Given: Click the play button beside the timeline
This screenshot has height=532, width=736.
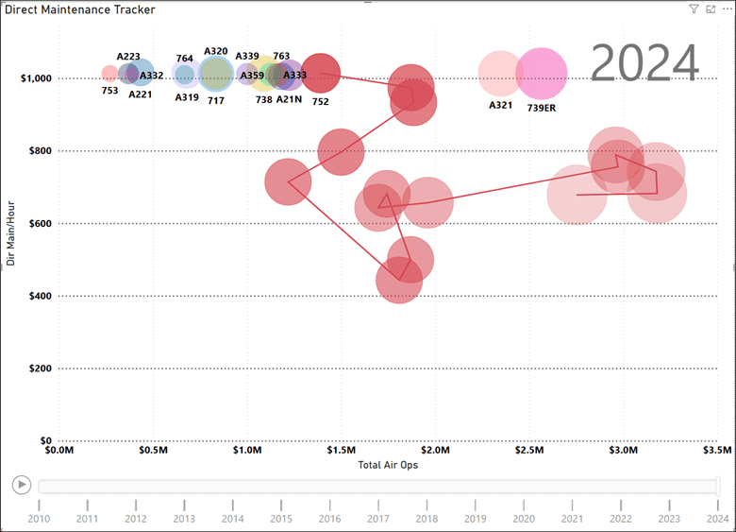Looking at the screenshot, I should (x=21, y=485).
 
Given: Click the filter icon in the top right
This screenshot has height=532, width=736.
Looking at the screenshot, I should (x=694, y=9).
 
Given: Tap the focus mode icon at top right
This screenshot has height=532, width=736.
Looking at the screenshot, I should (x=710, y=9).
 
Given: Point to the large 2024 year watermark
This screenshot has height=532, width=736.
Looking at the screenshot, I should (x=645, y=63).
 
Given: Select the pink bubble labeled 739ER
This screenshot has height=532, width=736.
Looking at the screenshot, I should (x=542, y=74).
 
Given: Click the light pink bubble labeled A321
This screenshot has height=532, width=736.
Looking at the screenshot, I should (x=500, y=74).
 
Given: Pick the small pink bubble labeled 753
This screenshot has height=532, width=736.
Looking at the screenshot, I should (x=109, y=73).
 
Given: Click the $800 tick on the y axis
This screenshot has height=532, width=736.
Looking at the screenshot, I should (x=33, y=150).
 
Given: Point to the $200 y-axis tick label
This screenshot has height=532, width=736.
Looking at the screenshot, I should (x=33, y=369).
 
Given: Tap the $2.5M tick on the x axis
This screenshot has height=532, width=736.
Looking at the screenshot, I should (x=528, y=450).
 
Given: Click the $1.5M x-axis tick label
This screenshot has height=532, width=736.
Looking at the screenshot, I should (x=341, y=450).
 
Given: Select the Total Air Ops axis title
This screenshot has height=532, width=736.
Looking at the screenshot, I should (x=388, y=465).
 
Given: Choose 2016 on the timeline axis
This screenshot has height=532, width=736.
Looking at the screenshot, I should (x=329, y=518).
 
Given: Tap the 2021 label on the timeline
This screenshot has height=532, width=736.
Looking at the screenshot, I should (x=572, y=518).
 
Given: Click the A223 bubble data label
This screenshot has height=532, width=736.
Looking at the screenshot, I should (x=128, y=57).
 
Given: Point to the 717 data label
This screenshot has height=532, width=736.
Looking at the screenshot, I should (x=216, y=99).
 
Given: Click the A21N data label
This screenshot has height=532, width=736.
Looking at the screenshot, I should (x=289, y=99).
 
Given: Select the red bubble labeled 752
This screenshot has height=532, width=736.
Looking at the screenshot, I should (x=321, y=72).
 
